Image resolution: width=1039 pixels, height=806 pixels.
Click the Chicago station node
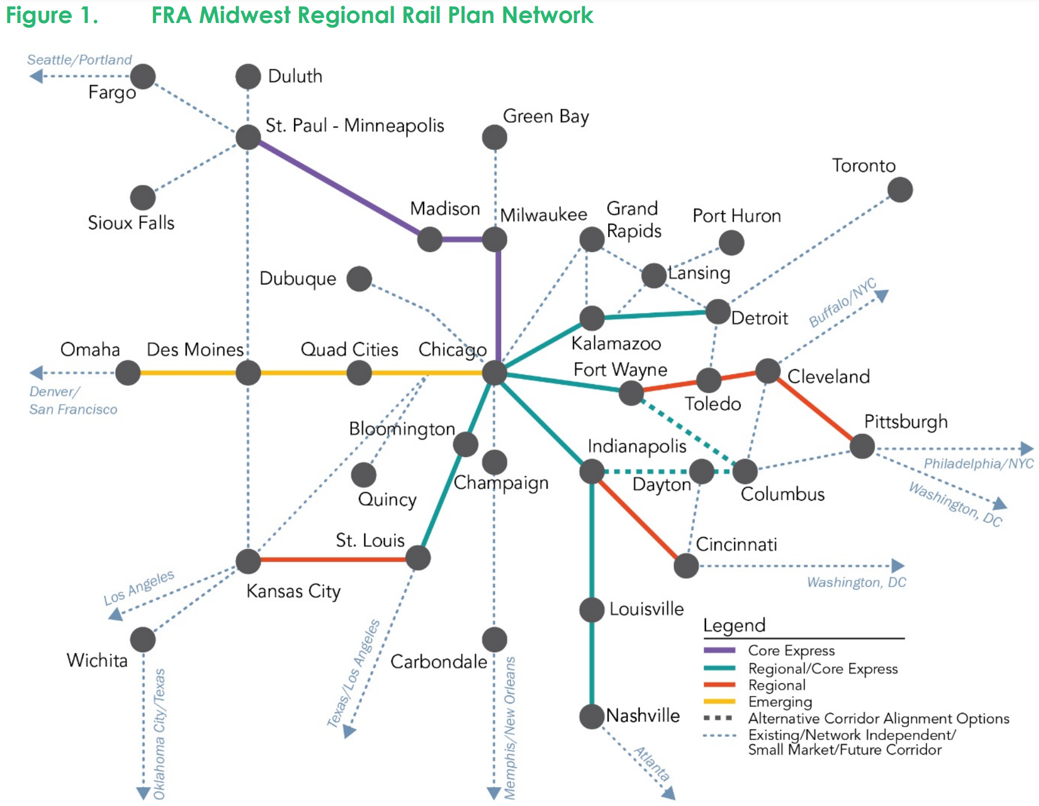[494, 373]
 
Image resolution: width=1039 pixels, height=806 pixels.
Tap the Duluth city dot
[248, 77]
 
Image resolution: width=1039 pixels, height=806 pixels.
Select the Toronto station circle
[900, 190]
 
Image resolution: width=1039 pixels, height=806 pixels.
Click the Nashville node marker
[591, 716]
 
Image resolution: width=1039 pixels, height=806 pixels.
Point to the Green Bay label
[545, 117]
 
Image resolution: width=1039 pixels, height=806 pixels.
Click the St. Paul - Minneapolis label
[354, 126]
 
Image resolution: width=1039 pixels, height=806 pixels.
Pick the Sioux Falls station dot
[143, 198]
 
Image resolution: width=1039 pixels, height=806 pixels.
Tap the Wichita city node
[143, 640]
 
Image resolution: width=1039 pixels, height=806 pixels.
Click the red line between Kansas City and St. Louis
[334, 559]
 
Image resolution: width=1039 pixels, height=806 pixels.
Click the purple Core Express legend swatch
[719, 651]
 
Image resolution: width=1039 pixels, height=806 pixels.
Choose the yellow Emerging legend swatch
[719, 701]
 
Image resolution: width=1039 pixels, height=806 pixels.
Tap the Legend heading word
[734, 626]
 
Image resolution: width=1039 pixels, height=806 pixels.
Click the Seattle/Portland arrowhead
[36, 76]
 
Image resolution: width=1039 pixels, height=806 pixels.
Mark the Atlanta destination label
[652, 763]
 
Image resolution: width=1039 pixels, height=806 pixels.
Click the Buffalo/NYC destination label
[842, 302]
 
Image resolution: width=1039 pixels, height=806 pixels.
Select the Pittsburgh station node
[862, 446]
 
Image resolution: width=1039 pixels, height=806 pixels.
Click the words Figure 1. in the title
[52, 15]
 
